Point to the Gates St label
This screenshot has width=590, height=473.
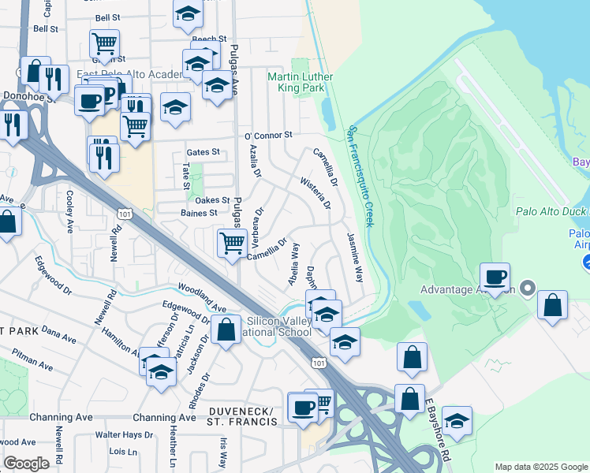(202, 152)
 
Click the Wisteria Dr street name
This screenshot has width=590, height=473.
(315, 194)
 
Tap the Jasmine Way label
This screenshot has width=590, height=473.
(354, 258)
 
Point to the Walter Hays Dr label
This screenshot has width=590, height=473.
(124, 434)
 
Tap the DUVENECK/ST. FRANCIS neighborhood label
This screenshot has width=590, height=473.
(243, 417)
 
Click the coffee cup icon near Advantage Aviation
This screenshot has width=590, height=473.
(495, 277)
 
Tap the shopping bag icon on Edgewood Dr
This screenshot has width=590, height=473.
(226, 331)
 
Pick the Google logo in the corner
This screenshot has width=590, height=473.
(26, 463)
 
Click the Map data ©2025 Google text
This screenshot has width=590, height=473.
(541, 467)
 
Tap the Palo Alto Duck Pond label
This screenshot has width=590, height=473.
(552, 211)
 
